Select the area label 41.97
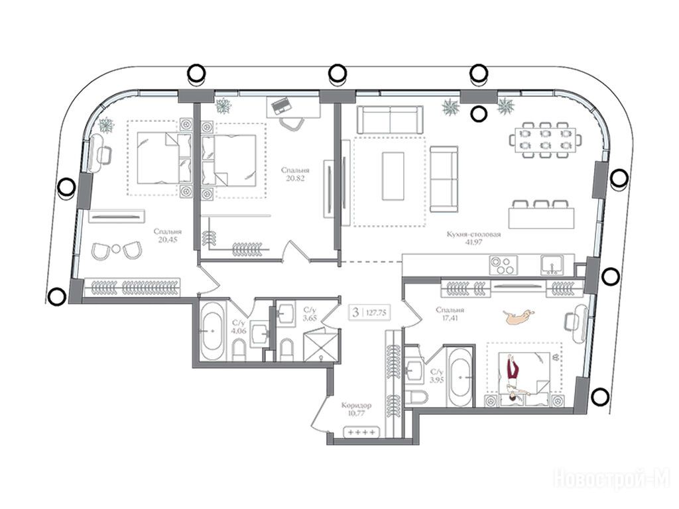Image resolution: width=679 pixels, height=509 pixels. (473, 243)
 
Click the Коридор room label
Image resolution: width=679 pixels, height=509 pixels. (356, 406)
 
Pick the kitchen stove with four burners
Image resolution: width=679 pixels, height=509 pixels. (503, 265)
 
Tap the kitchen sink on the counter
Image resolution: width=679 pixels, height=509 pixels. (552, 265)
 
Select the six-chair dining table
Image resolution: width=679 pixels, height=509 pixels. (545, 141)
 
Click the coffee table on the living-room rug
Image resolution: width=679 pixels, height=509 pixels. (393, 176)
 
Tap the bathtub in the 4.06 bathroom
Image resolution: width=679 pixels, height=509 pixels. (213, 331)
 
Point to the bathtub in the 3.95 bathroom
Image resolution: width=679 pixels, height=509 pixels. (459, 376)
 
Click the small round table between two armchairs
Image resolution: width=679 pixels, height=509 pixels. (116, 249)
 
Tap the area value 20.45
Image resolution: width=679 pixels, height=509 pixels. (168, 239)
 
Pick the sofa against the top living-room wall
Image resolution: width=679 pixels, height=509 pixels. (390, 119)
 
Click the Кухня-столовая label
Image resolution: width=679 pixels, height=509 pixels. (473, 235)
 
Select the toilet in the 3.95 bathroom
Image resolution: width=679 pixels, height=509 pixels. (417, 396)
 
